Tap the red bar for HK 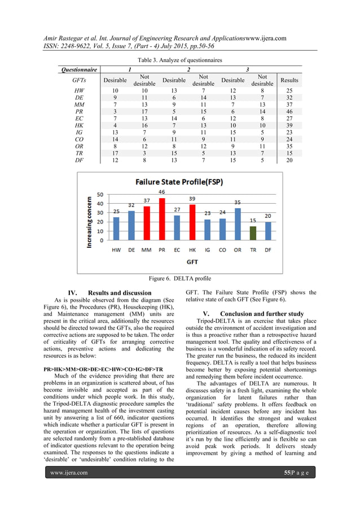(x=192, y=222)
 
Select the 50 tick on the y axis (x=100, y=195)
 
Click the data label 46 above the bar (x=161, y=192)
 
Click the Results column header (x=290, y=81)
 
